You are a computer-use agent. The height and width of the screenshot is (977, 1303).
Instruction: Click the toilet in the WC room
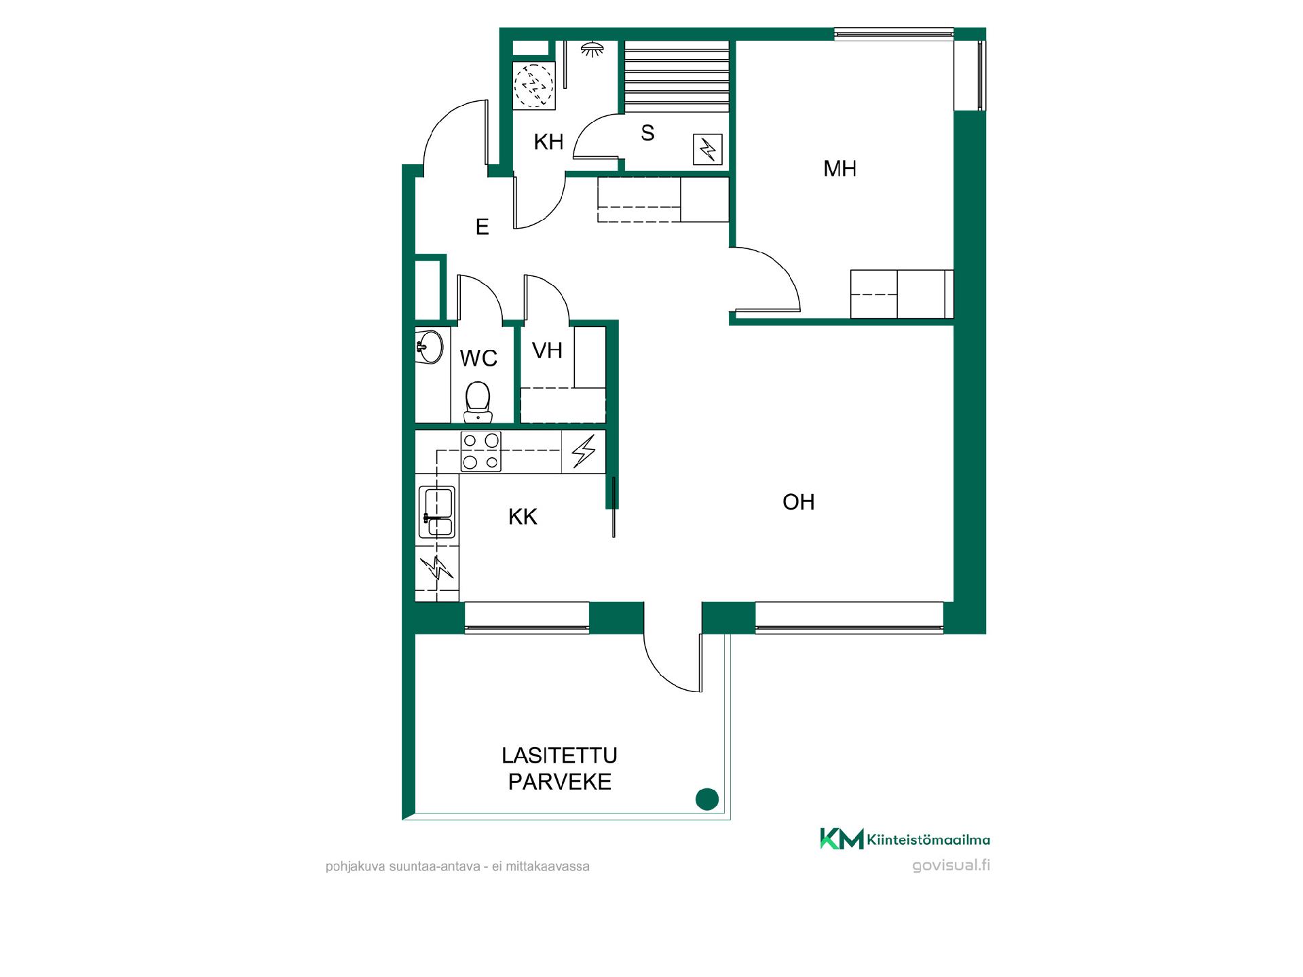[478, 402]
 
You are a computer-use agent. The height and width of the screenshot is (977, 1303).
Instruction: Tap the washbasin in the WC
[428, 347]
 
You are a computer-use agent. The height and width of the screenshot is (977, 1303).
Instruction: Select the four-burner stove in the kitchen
[480, 451]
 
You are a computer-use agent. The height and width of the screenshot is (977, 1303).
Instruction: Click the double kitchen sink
[436, 512]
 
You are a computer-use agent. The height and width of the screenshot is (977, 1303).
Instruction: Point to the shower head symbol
[592, 49]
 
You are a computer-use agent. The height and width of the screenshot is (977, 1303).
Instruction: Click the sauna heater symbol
[707, 149]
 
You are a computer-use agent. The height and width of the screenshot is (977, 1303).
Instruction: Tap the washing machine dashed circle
[533, 85]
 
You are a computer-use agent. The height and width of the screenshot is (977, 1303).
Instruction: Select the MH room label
[839, 169]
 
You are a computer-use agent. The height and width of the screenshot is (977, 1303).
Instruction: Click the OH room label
[798, 502]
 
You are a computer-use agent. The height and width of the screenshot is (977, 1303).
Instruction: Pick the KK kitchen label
[523, 517]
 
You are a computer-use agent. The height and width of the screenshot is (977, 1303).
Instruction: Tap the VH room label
[547, 351]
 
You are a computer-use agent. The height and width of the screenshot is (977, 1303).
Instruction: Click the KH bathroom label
[548, 142]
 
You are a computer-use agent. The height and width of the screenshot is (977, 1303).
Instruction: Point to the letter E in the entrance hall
[483, 227]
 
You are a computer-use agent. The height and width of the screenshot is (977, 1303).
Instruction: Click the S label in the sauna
[647, 133]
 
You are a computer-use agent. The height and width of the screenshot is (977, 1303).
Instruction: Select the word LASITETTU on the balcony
[559, 755]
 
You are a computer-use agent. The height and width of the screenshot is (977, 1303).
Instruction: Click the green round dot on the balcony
[707, 799]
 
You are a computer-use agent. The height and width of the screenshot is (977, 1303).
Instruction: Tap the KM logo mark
[842, 839]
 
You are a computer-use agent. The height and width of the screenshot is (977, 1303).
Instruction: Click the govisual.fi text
[951, 866]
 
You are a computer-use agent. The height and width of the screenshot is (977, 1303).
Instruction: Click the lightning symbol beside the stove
[584, 451]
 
